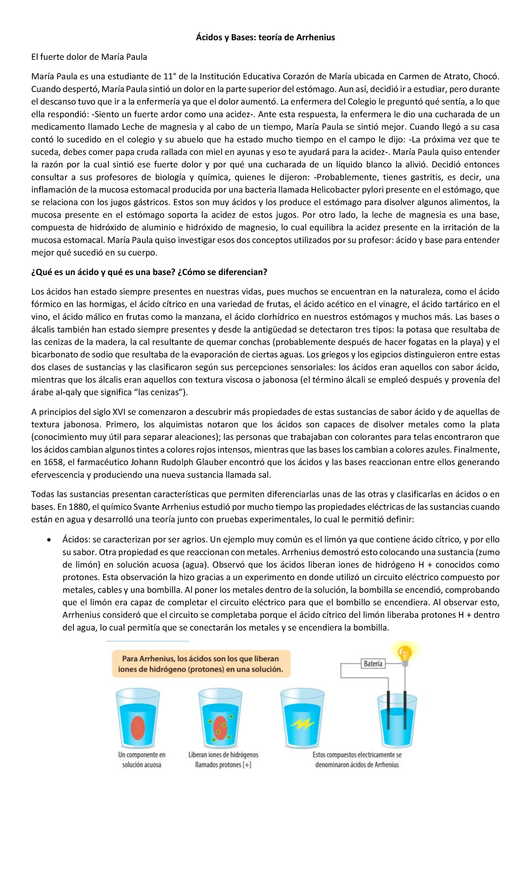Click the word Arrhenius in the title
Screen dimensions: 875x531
pos(315,37)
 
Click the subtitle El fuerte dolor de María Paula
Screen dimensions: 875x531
pos(89,57)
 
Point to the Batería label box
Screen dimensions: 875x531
pos(373,663)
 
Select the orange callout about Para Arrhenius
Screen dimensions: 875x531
pos(200,664)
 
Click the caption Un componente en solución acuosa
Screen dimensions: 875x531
pos(142,759)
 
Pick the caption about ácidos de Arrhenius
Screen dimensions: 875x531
pos(357,759)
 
